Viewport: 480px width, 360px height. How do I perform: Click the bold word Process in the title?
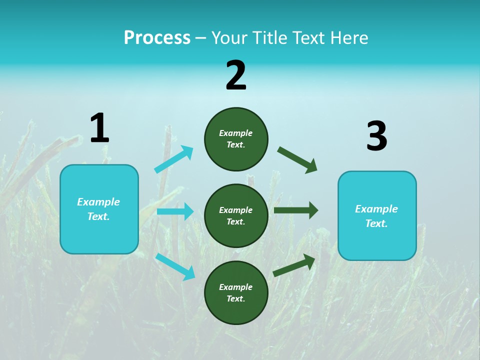[157, 38]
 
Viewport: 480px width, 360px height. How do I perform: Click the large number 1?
[99, 128]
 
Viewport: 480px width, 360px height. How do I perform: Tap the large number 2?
[236, 75]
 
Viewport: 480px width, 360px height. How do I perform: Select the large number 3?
[376, 136]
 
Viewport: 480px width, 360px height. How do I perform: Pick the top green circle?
[236, 139]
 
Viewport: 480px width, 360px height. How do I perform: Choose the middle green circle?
[236, 215]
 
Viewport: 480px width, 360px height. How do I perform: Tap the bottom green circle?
[236, 292]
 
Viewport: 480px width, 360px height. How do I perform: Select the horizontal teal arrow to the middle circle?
[175, 211]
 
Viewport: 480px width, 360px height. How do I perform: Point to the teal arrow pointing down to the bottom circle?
[175, 266]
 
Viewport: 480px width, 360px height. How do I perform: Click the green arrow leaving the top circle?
[297, 160]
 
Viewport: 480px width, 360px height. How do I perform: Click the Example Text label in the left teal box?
[98, 209]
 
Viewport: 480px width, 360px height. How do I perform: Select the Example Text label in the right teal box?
[376, 216]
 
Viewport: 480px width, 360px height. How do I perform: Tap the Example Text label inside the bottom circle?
[235, 292]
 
